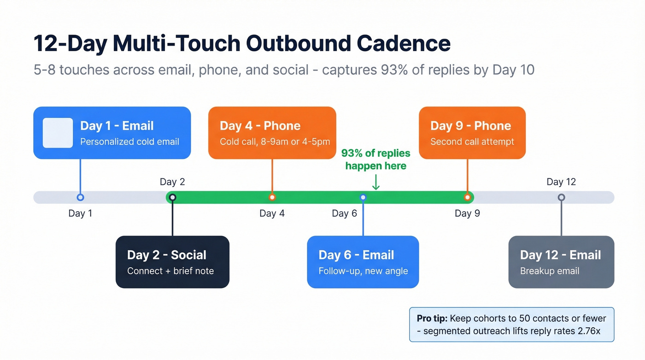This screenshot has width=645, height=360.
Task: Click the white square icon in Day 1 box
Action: pyautogui.click(x=58, y=133)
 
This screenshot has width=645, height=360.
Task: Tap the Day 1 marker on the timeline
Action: pyautogui.click(x=80, y=197)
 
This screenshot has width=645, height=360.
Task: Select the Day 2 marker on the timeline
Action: pyautogui.click(x=172, y=197)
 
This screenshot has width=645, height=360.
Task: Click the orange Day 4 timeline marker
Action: pyautogui.click(x=272, y=197)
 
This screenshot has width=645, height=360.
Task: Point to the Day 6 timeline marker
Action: pyautogui.click(x=363, y=197)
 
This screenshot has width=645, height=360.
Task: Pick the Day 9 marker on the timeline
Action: pyautogui.click(x=467, y=197)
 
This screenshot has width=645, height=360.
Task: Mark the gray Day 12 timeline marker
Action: pyautogui.click(x=561, y=197)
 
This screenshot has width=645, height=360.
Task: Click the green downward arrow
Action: pyautogui.click(x=375, y=183)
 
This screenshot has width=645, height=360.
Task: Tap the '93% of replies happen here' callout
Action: pyautogui.click(x=375, y=159)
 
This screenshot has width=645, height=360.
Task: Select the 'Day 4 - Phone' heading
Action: pyautogui.click(x=260, y=126)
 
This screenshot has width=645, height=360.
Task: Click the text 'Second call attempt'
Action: pyautogui.click(x=472, y=142)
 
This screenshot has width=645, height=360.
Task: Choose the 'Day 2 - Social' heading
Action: pyautogui.click(x=166, y=255)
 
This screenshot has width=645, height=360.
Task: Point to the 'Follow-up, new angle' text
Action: pyautogui.click(x=363, y=271)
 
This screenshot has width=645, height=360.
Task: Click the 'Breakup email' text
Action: pyautogui.click(x=550, y=271)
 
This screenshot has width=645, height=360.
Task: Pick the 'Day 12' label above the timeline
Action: pyautogui.click(x=561, y=182)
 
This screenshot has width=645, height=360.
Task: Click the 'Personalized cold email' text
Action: pyautogui.click(x=129, y=142)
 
